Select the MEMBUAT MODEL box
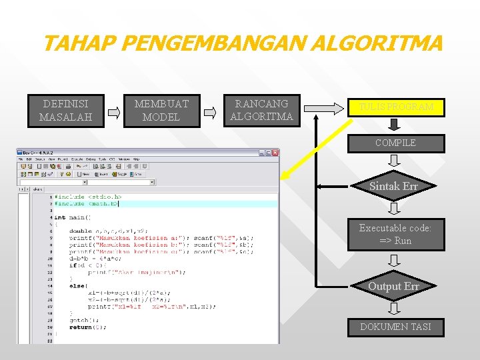pyautogui.click(x=161, y=111)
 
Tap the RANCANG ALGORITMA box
pyautogui.click(x=261, y=111)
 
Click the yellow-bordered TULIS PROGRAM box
pyautogui.click(x=395, y=107)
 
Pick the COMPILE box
pyautogui.click(x=395, y=143)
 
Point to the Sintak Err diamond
pyautogui.click(x=393, y=187)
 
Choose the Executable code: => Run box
pyautogui.click(x=395, y=234)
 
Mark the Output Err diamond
pyautogui.click(x=394, y=287)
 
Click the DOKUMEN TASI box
pyautogui.click(x=395, y=327)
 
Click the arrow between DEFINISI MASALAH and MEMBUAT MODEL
pyautogui.click(x=114, y=113)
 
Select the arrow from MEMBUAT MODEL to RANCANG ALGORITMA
pyautogui.click(x=210, y=113)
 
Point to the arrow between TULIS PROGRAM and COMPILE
pyautogui.click(x=394, y=125)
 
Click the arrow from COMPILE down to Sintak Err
pyautogui.click(x=394, y=160)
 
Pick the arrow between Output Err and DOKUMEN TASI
pyautogui.click(x=394, y=308)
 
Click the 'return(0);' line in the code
pyautogui.click(x=87, y=327)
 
